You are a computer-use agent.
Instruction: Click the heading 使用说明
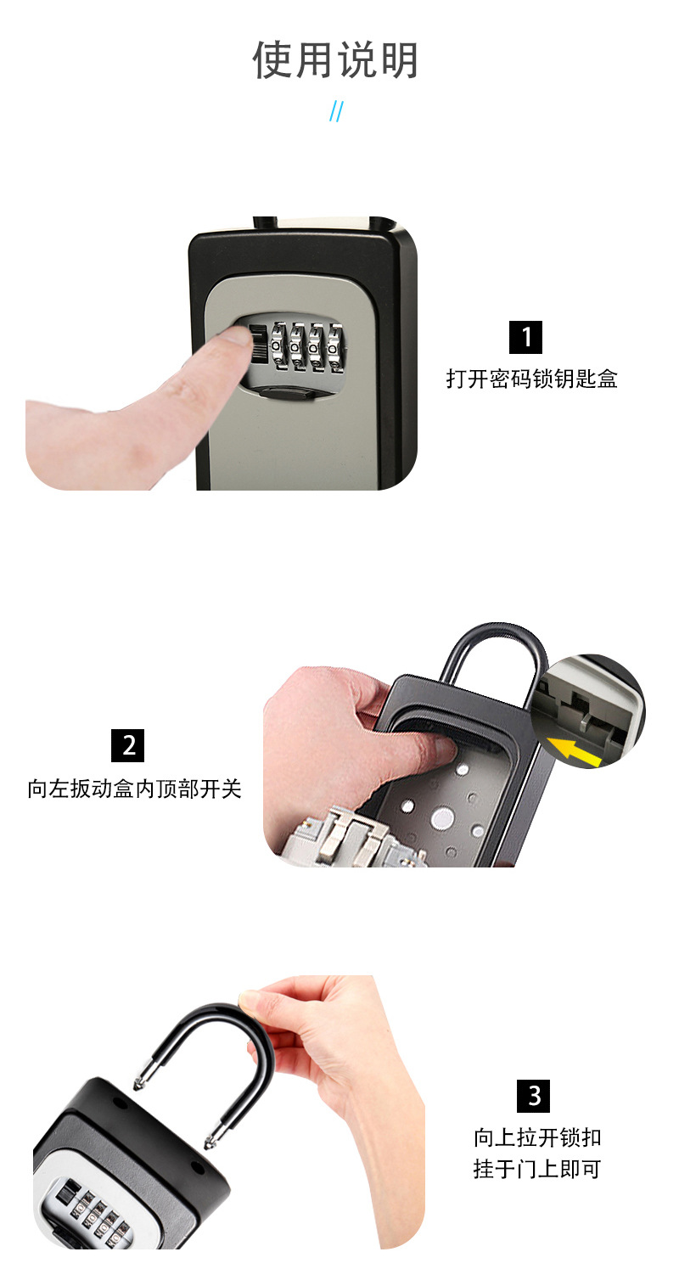point(335,59)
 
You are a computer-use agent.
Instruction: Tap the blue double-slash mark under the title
point(337,111)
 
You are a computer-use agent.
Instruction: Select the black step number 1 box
point(525,337)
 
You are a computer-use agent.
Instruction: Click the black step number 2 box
point(127,745)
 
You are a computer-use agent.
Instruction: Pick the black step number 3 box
point(533,1096)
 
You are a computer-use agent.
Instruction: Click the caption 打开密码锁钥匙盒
point(531,379)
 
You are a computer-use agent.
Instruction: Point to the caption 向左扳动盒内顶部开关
point(134,789)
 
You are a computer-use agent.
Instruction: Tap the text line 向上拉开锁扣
point(537,1137)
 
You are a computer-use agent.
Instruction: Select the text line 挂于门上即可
point(537,1169)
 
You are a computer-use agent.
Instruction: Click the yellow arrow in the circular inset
point(575,749)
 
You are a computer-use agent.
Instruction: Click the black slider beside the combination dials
point(258,343)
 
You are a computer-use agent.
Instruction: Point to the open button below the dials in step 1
point(285,393)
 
